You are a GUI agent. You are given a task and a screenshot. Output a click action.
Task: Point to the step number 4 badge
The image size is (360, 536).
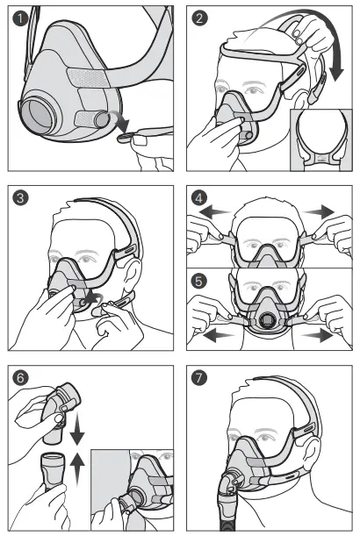coord(201,197)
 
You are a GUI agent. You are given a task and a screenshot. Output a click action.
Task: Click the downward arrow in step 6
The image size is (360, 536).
coord(78,435)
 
